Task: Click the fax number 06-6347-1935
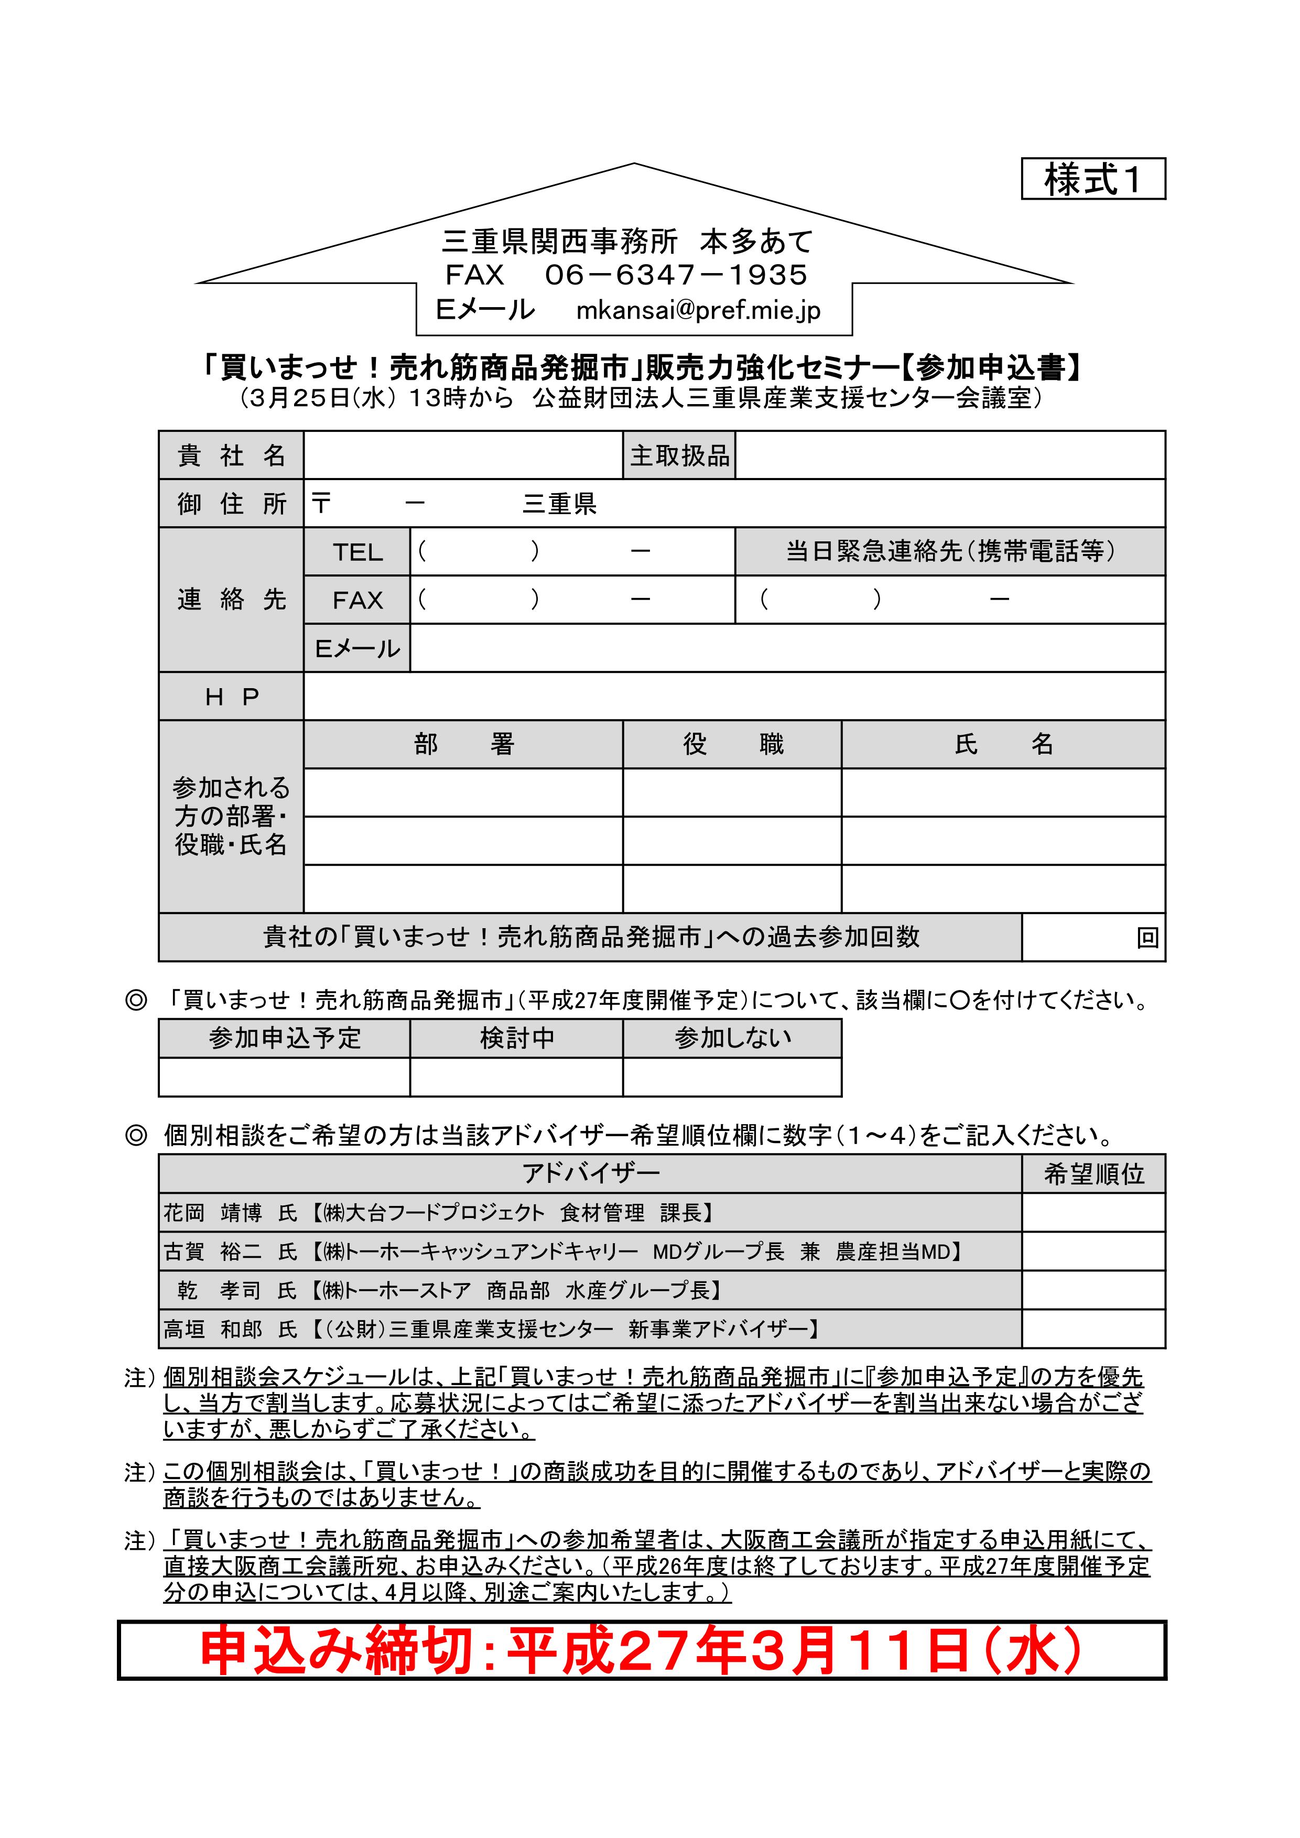(x=676, y=275)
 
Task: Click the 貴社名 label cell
(x=231, y=455)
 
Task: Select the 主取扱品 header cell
(x=679, y=455)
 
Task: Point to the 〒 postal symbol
(x=321, y=504)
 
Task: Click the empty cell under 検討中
(x=516, y=1076)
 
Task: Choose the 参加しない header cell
(x=732, y=1038)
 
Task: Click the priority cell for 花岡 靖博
(x=1093, y=1213)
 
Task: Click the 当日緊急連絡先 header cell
(x=950, y=551)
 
